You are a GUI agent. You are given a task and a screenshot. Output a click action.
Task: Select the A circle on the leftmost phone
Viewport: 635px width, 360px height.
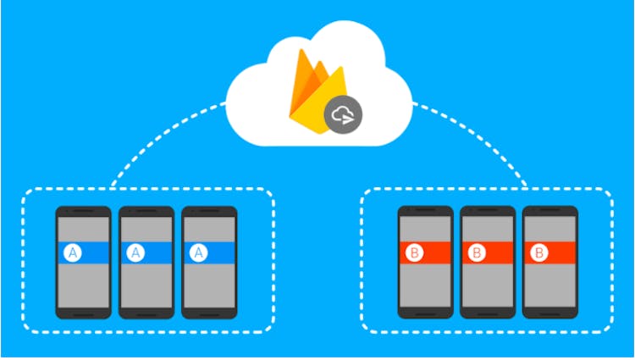pyautogui.click(x=74, y=252)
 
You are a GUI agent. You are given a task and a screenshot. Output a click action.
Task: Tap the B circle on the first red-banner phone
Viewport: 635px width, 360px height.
pyautogui.click(x=416, y=252)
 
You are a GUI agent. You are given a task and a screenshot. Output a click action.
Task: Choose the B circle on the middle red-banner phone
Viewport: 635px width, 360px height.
pyautogui.click(x=478, y=252)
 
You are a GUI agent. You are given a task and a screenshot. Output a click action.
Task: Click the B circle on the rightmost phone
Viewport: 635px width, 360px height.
pyautogui.click(x=540, y=252)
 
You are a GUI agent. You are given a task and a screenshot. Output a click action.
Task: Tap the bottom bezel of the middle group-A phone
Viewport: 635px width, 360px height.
pyautogui.click(x=146, y=313)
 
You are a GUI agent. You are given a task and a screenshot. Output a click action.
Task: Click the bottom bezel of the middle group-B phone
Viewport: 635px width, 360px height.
pyautogui.click(x=488, y=313)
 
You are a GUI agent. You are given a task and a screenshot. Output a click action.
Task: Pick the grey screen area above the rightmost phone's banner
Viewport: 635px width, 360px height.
pyautogui.click(x=549, y=229)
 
